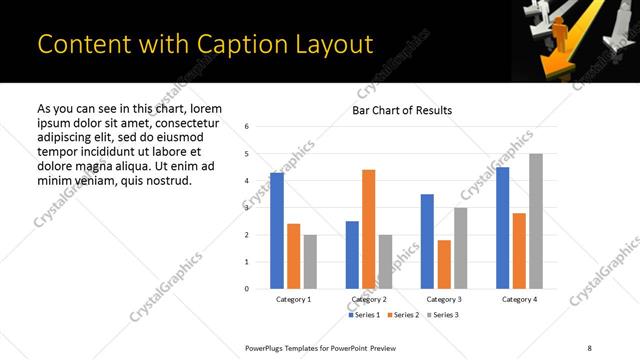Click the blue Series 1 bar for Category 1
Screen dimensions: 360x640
[277, 231]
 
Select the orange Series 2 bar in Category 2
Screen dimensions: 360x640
[368, 229]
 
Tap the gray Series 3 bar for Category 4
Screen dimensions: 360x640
[536, 221]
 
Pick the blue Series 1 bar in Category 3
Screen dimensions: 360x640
[427, 241]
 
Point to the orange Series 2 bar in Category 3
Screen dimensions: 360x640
[444, 264]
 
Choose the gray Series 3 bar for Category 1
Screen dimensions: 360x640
[310, 262]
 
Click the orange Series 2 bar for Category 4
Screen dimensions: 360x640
[520, 251]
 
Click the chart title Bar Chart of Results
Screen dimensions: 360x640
[402, 110]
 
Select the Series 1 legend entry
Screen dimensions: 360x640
[364, 315]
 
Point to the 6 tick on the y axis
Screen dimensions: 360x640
[247, 127]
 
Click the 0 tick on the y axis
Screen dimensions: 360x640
[247, 289]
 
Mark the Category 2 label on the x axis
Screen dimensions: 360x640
[370, 299]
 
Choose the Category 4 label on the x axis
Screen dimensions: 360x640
[519, 299]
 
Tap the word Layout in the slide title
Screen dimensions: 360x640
[323, 45]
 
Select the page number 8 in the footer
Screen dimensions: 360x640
[589, 346]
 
